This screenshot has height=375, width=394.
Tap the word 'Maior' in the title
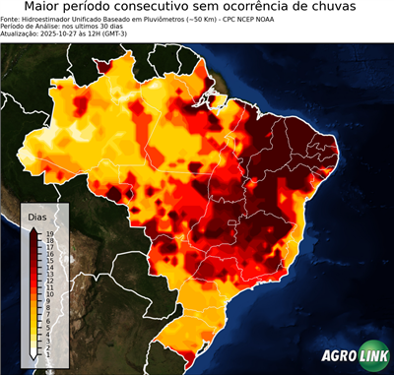[x=45, y=8]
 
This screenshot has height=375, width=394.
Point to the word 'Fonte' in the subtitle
[x=11, y=19]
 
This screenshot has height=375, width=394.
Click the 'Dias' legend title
[x=38, y=216]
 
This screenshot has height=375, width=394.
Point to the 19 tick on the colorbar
[x=48, y=233]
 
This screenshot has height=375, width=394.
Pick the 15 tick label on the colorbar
[x=48, y=260]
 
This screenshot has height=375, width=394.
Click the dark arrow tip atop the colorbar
[x=33, y=229]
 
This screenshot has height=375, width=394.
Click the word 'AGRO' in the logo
[x=338, y=356]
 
